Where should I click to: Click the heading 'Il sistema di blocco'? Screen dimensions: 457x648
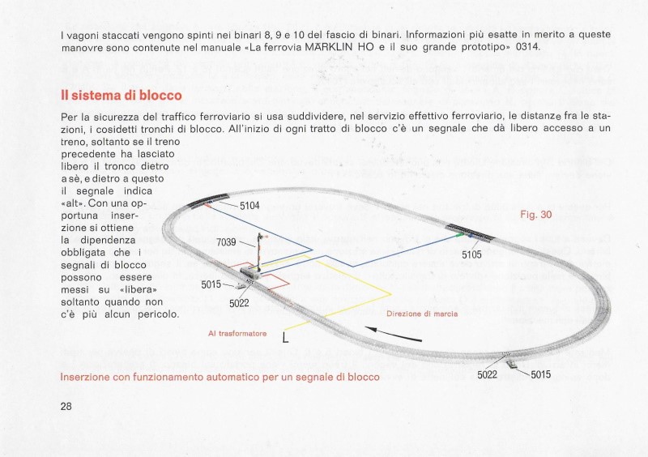pos(121,96)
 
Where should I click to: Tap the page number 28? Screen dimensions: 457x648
pos(67,406)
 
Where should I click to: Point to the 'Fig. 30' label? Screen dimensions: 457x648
pos(535,215)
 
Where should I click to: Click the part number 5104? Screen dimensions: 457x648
pos(249,206)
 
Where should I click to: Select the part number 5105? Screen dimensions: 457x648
pos(471,254)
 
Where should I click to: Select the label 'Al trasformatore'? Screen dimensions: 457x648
pos(237,333)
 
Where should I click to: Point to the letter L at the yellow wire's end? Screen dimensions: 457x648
pos(285,339)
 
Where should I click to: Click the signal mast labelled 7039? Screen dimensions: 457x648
pos(259,251)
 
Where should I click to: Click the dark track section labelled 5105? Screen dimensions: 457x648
pos(471,232)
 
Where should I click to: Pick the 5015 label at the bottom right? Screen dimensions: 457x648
pos(540,374)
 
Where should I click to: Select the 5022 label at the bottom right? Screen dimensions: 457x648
pos(488,374)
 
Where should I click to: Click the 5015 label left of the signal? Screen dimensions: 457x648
pos(211,284)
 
